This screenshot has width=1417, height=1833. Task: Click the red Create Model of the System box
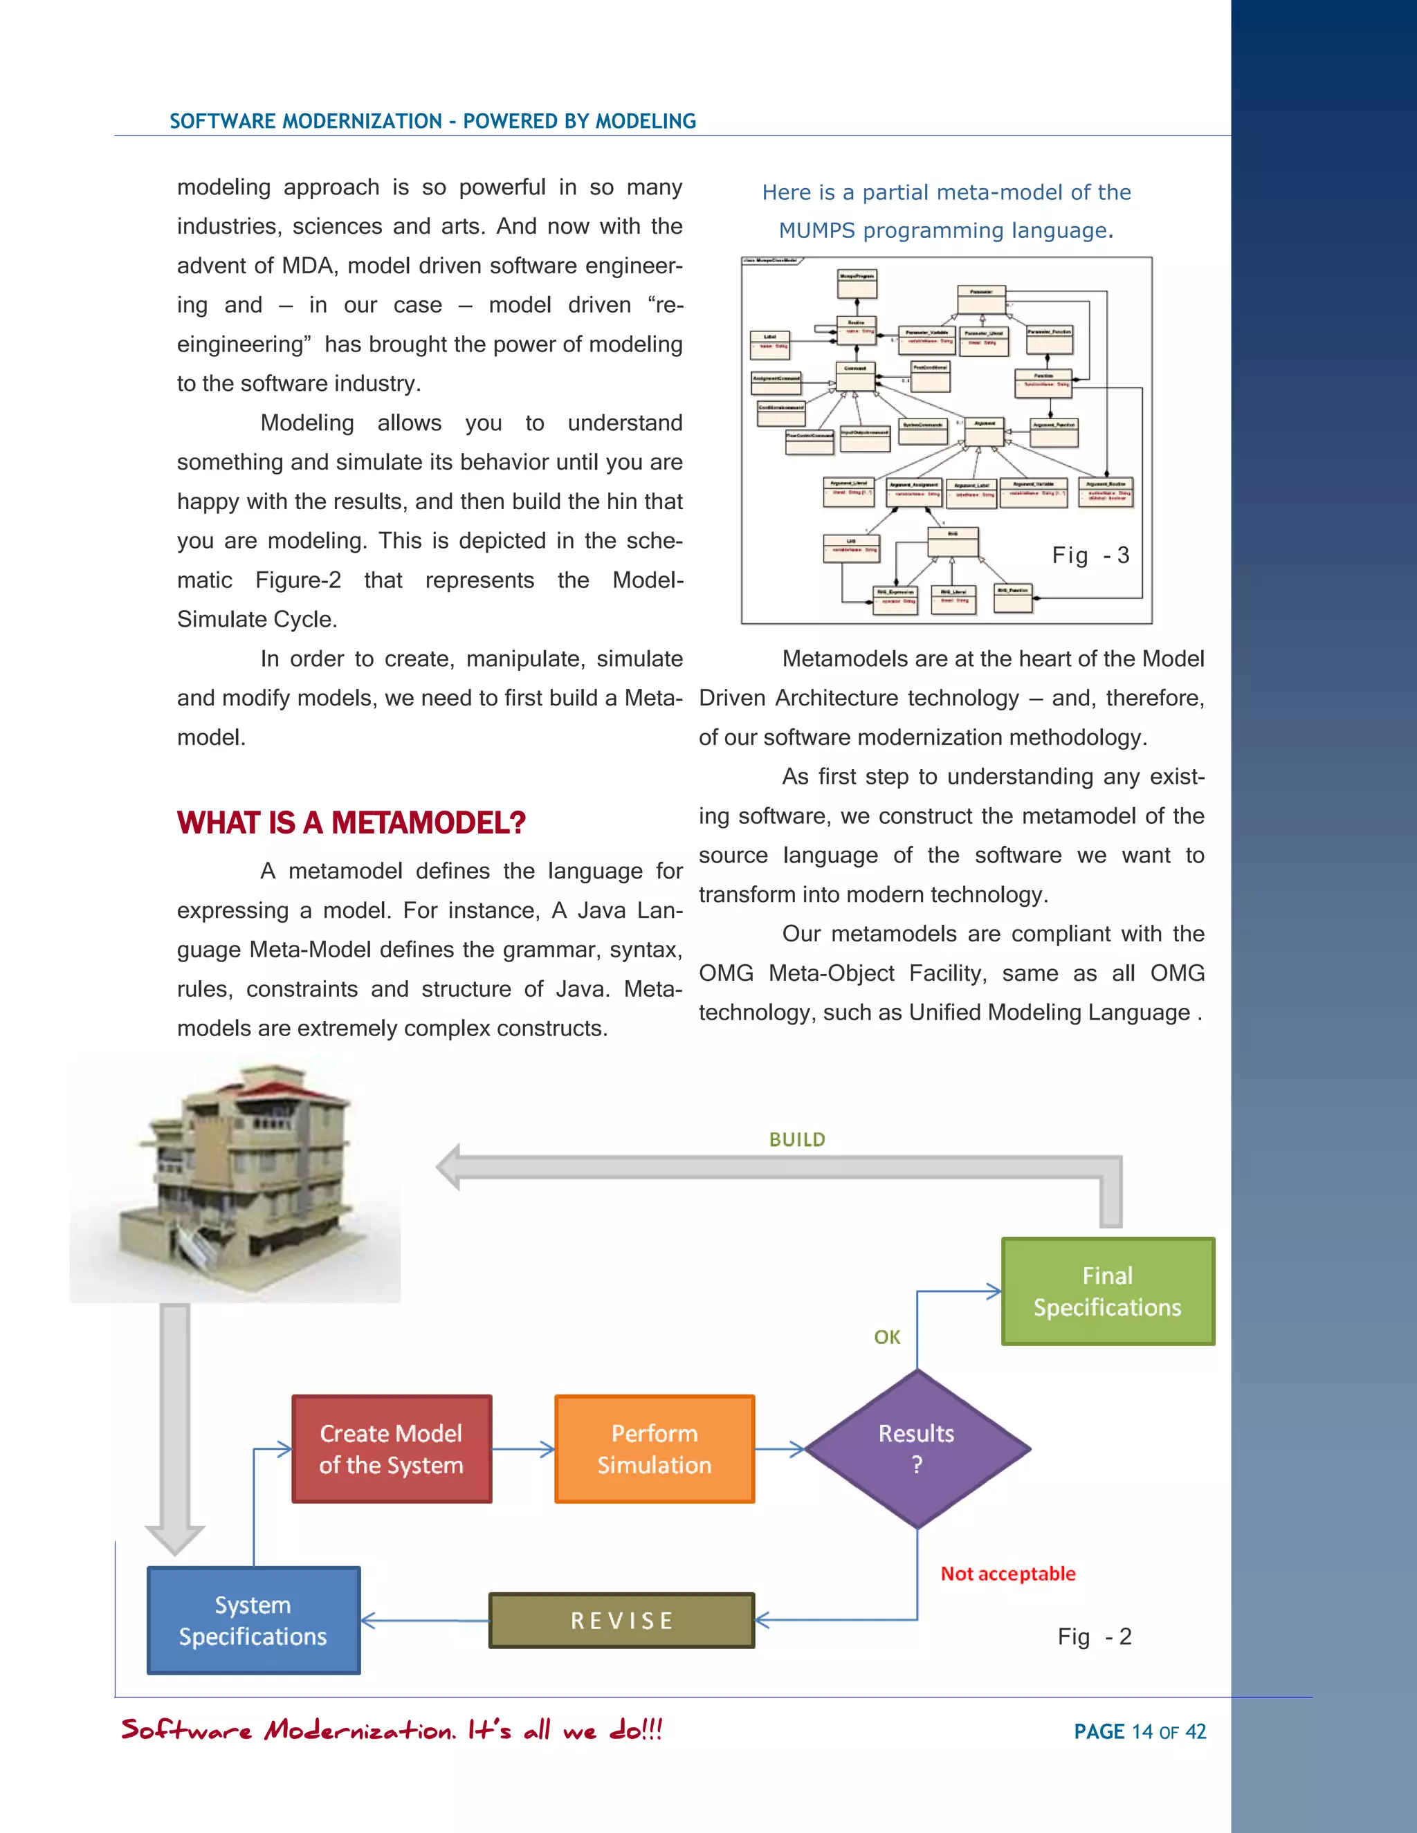point(391,1448)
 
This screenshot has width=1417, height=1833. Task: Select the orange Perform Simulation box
point(654,1448)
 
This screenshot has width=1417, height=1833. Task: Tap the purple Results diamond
point(917,1448)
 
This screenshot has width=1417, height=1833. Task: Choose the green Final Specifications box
point(1107,1291)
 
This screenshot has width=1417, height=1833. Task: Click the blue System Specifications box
point(253,1620)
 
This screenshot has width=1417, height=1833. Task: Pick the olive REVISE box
point(621,1620)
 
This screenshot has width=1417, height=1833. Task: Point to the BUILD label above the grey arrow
point(796,1139)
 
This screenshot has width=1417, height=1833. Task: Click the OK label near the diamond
point(886,1337)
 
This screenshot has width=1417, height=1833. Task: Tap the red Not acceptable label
point(1007,1574)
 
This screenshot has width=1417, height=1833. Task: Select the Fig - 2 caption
point(1094,1637)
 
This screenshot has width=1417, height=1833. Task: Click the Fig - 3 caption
point(1090,555)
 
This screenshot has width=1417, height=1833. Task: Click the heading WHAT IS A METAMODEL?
point(351,822)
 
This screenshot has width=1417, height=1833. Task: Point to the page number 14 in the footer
point(1142,1731)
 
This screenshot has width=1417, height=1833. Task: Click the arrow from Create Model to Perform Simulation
point(523,1448)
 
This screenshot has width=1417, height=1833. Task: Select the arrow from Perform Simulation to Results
point(780,1448)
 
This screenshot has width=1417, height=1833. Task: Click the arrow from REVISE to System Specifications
point(424,1620)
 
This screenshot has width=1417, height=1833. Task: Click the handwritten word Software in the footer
point(186,1730)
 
